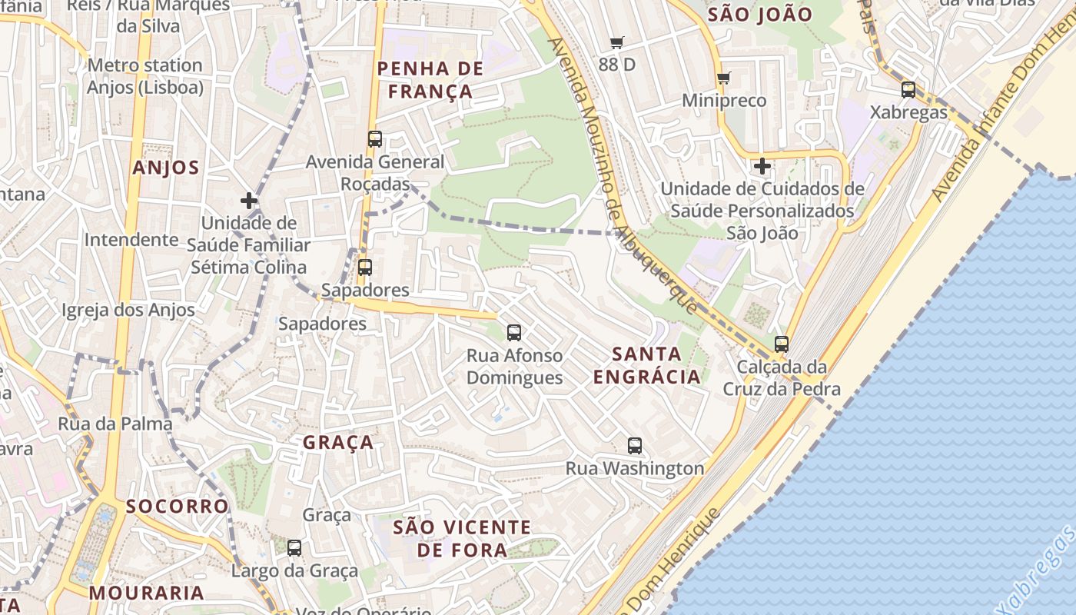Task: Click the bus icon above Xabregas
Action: click(908, 89)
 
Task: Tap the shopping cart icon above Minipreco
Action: click(723, 78)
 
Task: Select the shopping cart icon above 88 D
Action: click(616, 42)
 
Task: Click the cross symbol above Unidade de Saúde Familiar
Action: click(248, 201)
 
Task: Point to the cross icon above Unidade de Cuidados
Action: click(762, 166)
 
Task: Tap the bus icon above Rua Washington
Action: click(635, 445)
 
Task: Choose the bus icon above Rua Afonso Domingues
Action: click(514, 333)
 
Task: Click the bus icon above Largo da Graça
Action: click(294, 548)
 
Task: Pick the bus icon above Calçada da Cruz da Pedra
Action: click(782, 344)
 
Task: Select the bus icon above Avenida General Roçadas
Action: click(375, 139)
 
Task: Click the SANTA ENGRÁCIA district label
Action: click(647, 365)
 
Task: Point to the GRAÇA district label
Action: click(338, 442)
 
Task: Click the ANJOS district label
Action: click(166, 168)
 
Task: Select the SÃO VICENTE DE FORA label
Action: click(462, 538)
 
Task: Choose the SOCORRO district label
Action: click(178, 506)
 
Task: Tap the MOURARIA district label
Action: click(146, 593)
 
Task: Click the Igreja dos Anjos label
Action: click(128, 311)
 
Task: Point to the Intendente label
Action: click(131, 239)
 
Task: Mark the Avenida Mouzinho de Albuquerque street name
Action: click(623, 177)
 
